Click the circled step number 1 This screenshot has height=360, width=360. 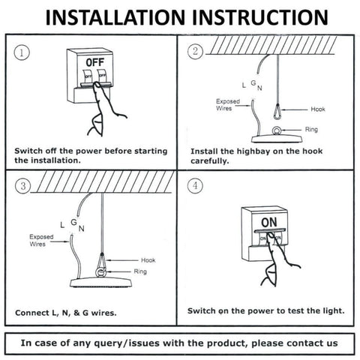pyautogui.click(x=22, y=52)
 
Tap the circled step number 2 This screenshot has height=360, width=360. pyautogui.click(x=195, y=51)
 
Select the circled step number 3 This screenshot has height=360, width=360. pyautogui.click(x=23, y=186)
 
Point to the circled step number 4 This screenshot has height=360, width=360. pyautogui.click(x=195, y=185)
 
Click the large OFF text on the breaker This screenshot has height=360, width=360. pyautogui.click(x=95, y=62)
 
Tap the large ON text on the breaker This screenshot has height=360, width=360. pyautogui.click(x=269, y=222)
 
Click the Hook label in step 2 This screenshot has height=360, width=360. pyautogui.click(x=318, y=109)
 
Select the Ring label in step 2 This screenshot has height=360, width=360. pyautogui.click(x=311, y=130)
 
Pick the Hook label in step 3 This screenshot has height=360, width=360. pyautogui.click(x=148, y=260)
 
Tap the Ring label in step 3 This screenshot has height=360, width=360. pyautogui.click(x=140, y=271)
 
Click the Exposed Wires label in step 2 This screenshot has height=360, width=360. pyautogui.click(x=228, y=105)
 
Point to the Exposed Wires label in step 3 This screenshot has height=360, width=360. pyautogui.click(x=41, y=240)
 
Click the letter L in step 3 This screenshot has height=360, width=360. pyautogui.click(x=62, y=225)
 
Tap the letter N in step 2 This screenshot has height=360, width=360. pyautogui.click(x=259, y=88)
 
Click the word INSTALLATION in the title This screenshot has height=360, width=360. pyautogui.click(x=115, y=18)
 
